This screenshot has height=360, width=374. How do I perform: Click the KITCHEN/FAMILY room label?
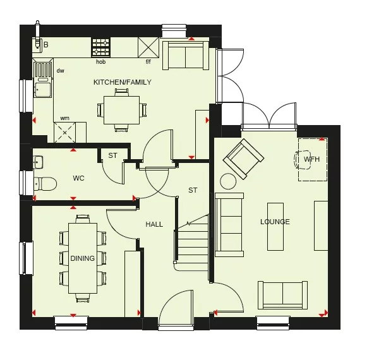[x=122, y=82]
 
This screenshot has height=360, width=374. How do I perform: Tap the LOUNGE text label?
[x=275, y=222]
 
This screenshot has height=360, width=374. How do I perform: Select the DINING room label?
[x=83, y=258]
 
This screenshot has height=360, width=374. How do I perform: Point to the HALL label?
[x=154, y=224]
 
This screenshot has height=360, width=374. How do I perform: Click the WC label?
[x=78, y=178]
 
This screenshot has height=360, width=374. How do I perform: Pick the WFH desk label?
[x=311, y=160]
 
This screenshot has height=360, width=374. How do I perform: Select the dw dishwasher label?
[x=61, y=71]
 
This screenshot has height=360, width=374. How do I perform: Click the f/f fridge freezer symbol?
[x=148, y=47]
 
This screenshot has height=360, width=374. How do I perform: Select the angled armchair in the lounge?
[x=243, y=158]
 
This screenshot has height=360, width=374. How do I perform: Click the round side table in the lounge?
[x=227, y=182]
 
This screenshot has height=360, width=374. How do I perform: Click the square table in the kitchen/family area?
[x=121, y=109]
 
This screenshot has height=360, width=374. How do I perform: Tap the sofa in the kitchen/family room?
[x=185, y=56]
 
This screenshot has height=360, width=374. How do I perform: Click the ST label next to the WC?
[x=112, y=155]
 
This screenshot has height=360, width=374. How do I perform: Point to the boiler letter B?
[x=45, y=44]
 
